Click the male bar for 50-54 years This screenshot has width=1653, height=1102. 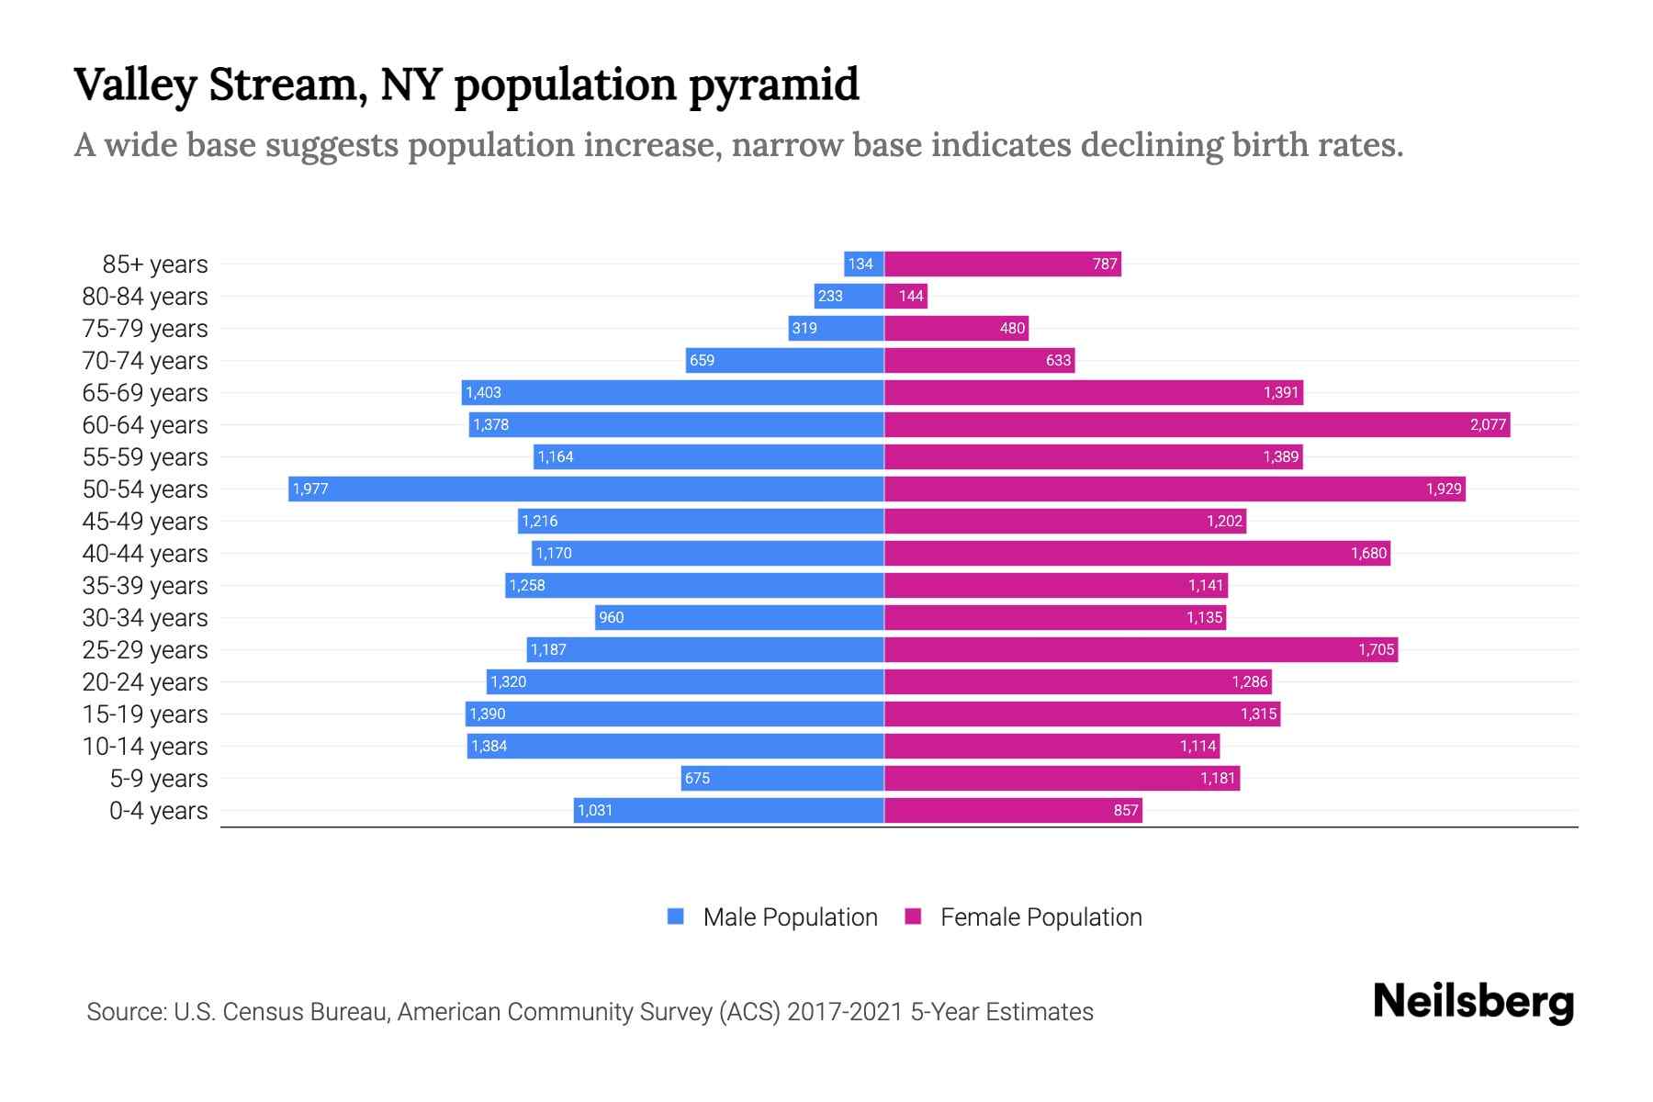coord(588,489)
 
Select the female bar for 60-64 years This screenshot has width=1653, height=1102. coord(1194,424)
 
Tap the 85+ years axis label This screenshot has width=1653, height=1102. coord(155,264)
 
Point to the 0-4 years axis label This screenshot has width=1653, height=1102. coord(159,811)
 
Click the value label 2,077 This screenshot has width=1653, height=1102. coord(1488,424)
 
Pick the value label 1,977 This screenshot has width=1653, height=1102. coord(310,489)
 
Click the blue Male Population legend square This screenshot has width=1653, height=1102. coord(676,916)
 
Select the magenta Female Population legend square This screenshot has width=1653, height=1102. coord(913,916)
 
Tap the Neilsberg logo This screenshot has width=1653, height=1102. coord(1473,1003)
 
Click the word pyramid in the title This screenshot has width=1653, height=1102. coord(773,85)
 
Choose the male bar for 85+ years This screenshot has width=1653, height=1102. coord(864,264)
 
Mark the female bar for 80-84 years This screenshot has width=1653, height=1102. coord(906,296)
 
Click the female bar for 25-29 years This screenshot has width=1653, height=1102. coord(1139,649)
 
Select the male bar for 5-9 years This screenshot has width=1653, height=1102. coord(782,778)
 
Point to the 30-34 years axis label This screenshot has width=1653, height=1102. coord(145,618)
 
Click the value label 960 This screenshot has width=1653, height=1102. coord(611,617)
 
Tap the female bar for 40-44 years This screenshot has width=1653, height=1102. coord(1137,553)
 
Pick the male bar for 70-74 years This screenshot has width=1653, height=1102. coord(785,360)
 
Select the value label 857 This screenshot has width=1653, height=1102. coord(1126,810)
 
